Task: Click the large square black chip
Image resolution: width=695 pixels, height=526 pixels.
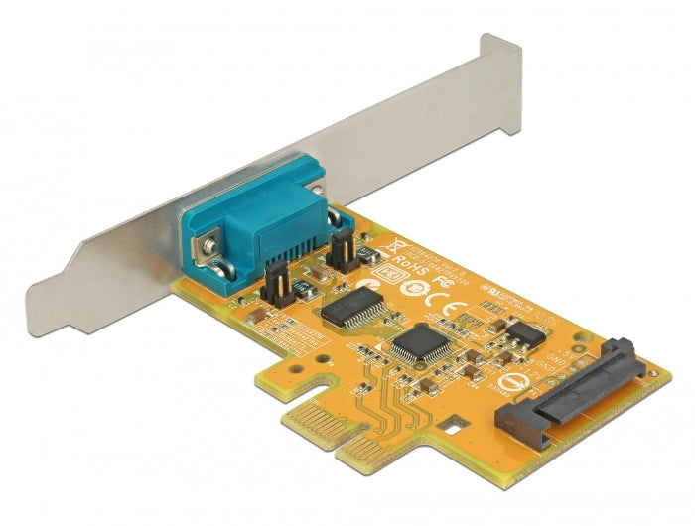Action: coord(418,343)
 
